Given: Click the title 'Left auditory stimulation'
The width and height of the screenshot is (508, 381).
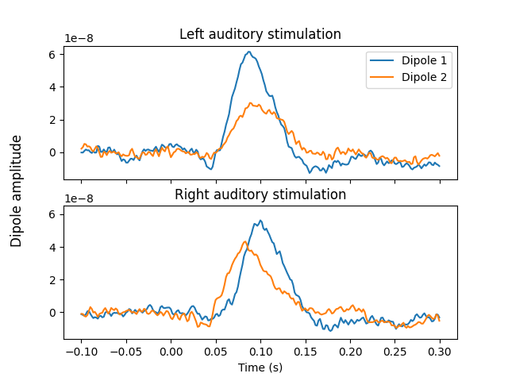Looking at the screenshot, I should [x=260, y=34].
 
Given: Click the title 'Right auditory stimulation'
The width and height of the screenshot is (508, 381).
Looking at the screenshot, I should [x=260, y=194].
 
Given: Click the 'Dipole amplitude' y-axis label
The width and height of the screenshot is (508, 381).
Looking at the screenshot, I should [x=17, y=190].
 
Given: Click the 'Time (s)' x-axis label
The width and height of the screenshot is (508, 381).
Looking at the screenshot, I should [x=260, y=368].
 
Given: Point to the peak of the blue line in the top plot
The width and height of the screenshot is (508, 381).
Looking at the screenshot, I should [x=249, y=52].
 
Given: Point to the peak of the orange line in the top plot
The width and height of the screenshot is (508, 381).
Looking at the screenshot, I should [x=252, y=103].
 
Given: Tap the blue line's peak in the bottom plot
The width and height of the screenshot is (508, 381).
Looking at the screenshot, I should [x=260, y=221].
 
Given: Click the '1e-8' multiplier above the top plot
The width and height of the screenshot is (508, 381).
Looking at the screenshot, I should [x=79, y=38].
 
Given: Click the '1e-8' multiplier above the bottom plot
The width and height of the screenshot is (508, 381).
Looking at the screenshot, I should [x=79, y=198].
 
